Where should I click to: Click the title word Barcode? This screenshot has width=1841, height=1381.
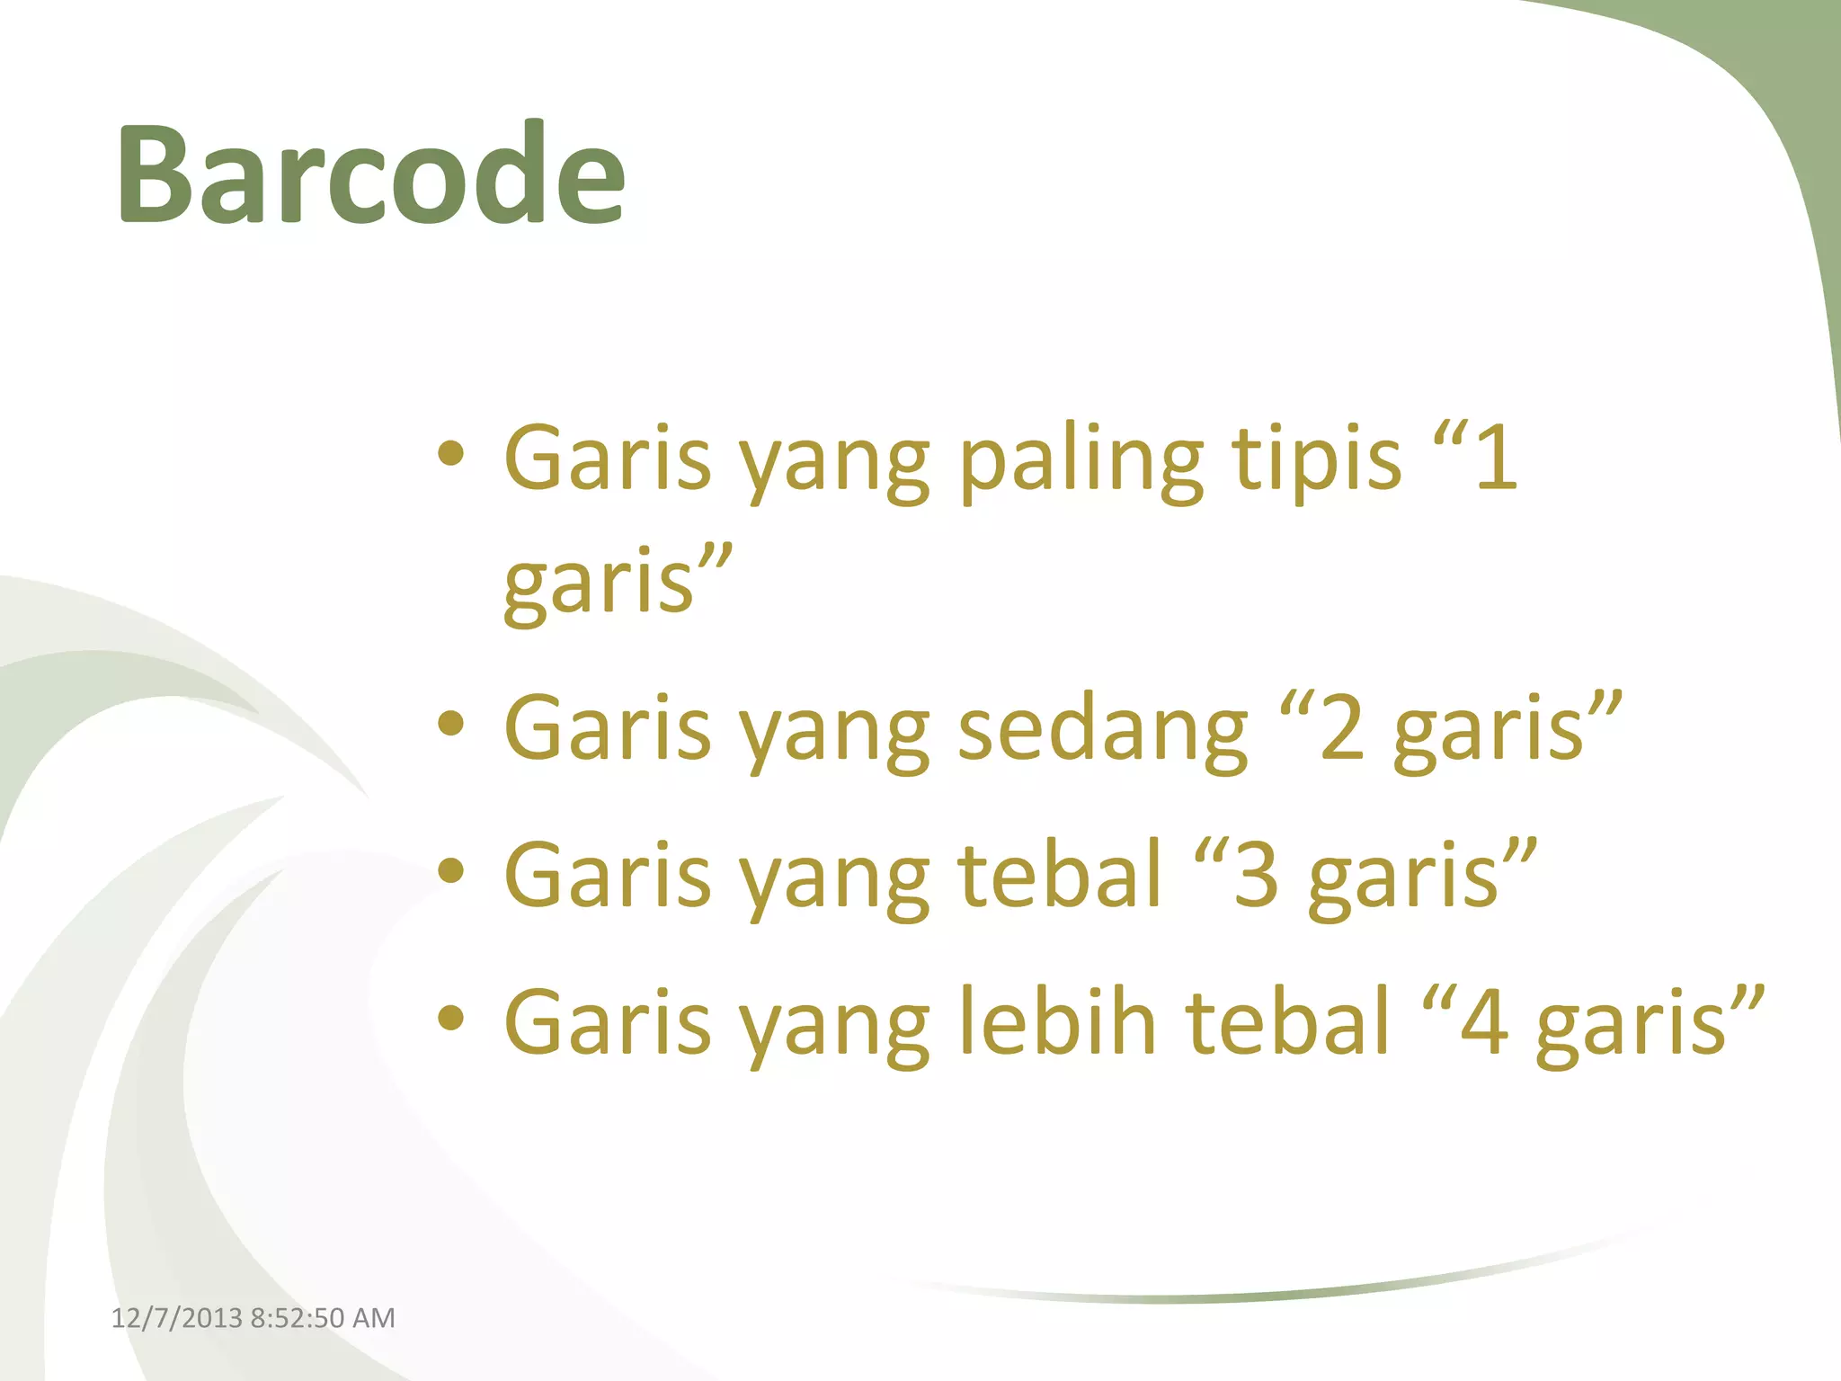click(370, 174)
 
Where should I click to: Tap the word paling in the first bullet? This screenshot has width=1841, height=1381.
click(1081, 460)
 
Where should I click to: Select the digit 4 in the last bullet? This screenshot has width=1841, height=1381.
click(1484, 1021)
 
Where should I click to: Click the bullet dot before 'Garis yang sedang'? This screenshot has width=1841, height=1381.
click(451, 724)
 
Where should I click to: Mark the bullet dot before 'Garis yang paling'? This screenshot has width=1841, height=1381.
click(451, 454)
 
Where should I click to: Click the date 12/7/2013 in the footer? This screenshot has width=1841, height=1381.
click(176, 1318)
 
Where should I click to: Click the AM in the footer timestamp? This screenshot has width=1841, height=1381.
click(373, 1318)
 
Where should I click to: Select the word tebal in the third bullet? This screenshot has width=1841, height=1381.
click(1060, 874)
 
